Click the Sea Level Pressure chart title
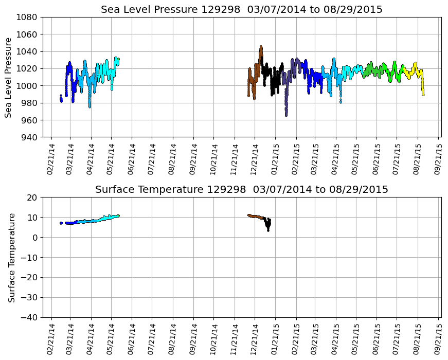241,10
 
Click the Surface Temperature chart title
241,190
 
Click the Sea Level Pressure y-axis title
9,77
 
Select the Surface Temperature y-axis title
11,257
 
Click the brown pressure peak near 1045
261,47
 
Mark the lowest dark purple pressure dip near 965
286,114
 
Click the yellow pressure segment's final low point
423,94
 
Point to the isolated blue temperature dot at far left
61,223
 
